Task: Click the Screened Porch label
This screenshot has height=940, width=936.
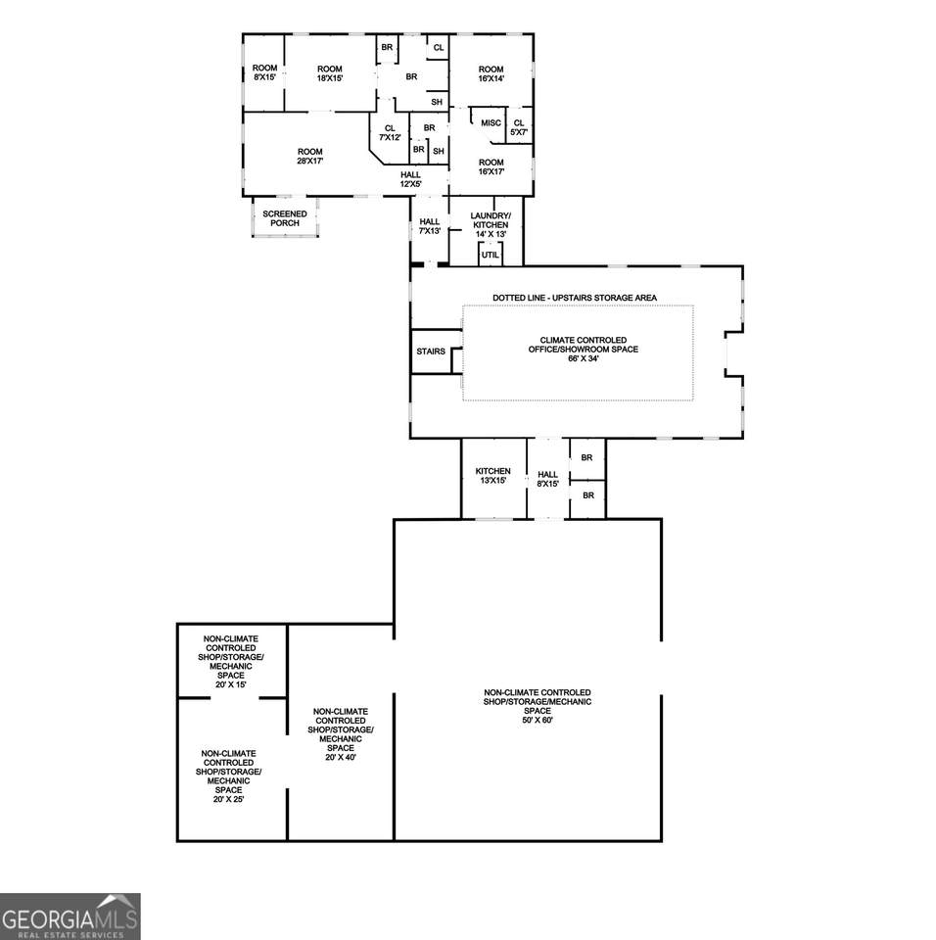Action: [285, 218]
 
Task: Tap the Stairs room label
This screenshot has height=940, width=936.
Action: [431, 352]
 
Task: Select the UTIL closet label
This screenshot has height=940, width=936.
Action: [490, 255]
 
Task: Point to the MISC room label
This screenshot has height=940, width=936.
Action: [491, 123]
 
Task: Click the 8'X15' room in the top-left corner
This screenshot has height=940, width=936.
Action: [264, 72]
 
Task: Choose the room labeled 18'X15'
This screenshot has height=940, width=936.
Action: [330, 73]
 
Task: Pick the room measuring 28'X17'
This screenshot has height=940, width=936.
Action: [310, 157]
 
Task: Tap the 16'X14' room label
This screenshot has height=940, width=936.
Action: [491, 73]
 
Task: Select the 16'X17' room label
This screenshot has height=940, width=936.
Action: [491, 166]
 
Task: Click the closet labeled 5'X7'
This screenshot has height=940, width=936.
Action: [519, 127]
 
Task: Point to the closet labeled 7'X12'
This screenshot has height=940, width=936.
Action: [390, 132]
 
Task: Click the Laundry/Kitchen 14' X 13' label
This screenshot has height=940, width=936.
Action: [491, 225]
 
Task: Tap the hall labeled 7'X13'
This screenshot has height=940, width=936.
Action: [429, 226]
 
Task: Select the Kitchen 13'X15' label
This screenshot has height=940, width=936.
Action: [492, 476]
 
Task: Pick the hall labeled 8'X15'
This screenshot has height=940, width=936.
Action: [548, 479]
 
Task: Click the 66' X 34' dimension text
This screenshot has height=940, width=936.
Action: [583, 358]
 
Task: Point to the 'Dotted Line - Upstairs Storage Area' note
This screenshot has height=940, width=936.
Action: [575, 298]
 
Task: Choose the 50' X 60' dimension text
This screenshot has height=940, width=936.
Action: [538, 720]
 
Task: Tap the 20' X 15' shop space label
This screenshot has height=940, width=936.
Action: [231, 684]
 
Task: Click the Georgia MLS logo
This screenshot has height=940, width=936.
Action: [70, 916]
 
